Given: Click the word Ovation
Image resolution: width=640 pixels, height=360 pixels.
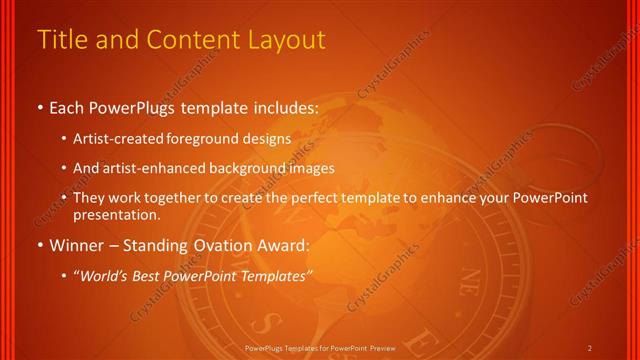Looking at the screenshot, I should point(219,246).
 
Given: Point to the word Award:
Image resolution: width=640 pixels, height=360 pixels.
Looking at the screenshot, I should point(282,246).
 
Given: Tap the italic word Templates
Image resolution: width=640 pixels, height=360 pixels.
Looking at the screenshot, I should point(273,275).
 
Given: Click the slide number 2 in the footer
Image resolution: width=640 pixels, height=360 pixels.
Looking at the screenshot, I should point(590,347).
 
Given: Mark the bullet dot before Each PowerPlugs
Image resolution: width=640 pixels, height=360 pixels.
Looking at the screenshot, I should point(39,107).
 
